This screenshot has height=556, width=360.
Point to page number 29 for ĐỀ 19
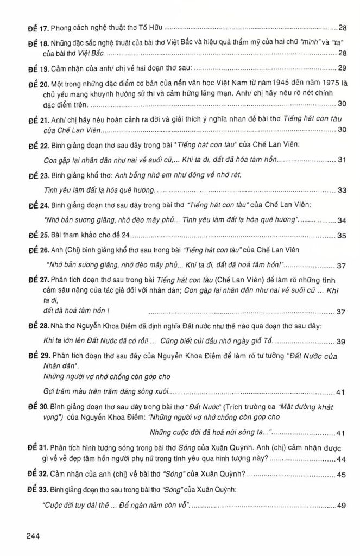342,68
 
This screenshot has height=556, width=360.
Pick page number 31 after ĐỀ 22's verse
342,160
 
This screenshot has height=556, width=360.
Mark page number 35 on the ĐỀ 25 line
342,236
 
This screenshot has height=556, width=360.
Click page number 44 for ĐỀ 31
342,459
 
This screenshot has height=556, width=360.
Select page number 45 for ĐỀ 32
342,474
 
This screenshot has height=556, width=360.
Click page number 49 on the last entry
342,506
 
